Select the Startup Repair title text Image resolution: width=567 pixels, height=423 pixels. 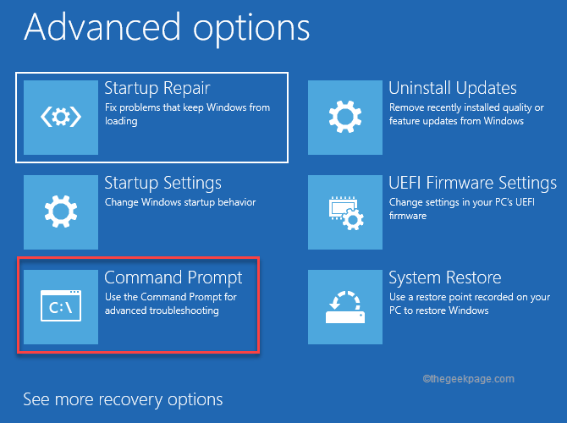(x=157, y=88)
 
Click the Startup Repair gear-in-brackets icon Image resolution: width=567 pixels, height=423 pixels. (x=60, y=117)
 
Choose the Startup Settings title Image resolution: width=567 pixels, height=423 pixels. (x=162, y=183)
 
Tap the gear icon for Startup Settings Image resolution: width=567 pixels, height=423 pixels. (x=60, y=211)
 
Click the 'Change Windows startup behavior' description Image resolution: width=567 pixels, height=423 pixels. (x=179, y=203)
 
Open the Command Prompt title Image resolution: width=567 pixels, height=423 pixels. (x=173, y=277)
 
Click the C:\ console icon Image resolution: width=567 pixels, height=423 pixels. (x=60, y=306)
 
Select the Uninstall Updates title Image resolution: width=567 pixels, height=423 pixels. (x=452, y=88)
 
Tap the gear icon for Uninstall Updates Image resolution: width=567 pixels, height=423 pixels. (x=344, y=117)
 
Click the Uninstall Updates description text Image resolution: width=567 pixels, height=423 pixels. (x=465, y=114)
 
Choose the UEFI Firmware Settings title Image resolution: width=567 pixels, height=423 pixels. (x=472, y=183)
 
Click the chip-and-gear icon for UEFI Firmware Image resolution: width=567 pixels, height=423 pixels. (x=344, y=211)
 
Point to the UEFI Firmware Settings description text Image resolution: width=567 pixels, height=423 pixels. (x=465, y=209)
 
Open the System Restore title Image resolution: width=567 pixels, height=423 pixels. (x=444, y=277)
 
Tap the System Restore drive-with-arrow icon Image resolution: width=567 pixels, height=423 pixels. (x=344, y=306)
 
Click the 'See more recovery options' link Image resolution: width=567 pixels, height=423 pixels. (x=123, y=399)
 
